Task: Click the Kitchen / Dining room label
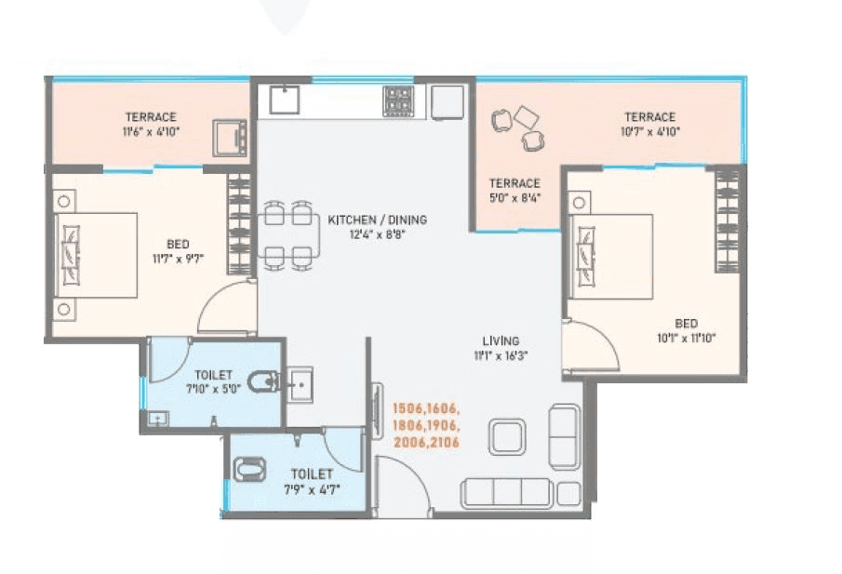[377, 220]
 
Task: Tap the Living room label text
[501, 340]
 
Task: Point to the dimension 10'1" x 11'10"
[687, 337]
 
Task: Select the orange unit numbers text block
[427, 424]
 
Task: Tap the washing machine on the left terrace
[229, 138]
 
